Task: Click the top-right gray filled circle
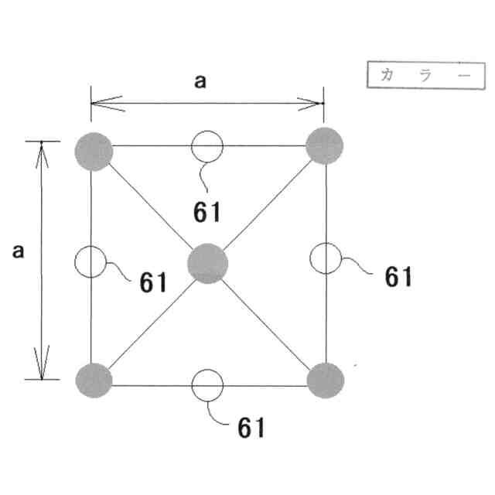(325, 145)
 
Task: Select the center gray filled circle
(208, 262)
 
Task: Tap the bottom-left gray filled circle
(94, 379)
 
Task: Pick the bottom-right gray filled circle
(325, 380)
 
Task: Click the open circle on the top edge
(207, 145)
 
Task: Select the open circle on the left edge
(90, 262)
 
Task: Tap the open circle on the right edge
(326, 258)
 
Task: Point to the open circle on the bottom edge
(207, 384)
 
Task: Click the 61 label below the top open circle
(208, 210)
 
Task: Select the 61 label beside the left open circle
(154, 282)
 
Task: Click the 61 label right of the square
(398, 276)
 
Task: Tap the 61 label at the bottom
(251, 426)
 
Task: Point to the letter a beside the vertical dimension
(19, 251)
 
